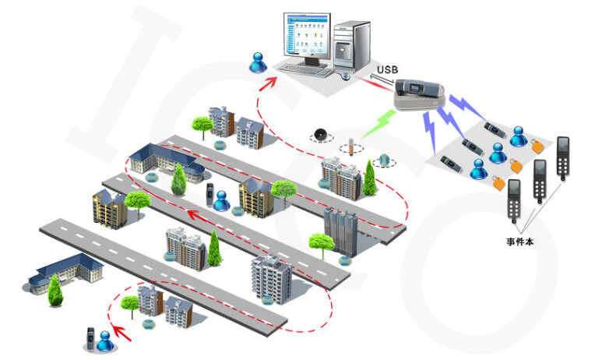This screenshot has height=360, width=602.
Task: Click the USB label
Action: [387, 69]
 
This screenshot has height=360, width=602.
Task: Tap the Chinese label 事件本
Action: [520, 242]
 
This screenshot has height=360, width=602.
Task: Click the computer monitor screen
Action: [306, 34]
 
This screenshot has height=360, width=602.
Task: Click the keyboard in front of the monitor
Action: [305, 70]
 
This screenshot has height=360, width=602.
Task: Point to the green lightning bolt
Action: [379, 123]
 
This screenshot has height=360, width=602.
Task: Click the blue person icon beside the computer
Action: [258, 62]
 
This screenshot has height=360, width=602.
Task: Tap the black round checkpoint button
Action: [321, 136]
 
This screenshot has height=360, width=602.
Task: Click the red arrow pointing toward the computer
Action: [269, 83]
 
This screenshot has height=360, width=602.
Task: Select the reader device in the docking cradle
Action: [419, 88]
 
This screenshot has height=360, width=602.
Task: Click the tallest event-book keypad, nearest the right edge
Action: [563, 157]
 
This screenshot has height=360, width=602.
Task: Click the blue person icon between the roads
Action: [222, 201]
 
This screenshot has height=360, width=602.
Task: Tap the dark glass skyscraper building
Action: [341, 231]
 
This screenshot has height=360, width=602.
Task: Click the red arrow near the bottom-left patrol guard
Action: [121, 333]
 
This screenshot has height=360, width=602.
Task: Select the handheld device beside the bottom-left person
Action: [90, 338]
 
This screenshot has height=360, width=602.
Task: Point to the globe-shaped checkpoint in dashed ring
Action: [384, 161]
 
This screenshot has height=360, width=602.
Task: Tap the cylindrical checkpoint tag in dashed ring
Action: [350, 147]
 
